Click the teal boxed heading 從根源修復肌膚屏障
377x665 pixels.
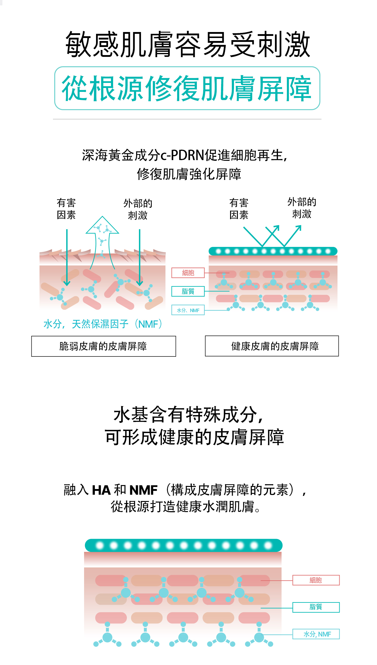(x=187, y=88)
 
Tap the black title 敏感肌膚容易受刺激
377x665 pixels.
(x=188, y=44)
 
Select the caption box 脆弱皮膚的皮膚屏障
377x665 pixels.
(x=104, y=346)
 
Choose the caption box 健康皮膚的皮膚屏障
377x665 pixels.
(x=272, y=346)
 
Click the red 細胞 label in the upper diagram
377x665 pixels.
(x=188, y=273)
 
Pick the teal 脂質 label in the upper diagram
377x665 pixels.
(x=188, y=291)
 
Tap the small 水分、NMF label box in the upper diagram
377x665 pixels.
(x=188, y=310)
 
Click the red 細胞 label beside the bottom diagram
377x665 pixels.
(x=316, y=580)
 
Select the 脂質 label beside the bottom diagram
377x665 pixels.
(x=316, y=607)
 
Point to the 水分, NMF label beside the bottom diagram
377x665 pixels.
(x=316, y=634)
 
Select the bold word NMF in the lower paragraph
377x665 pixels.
(x=143, y=490)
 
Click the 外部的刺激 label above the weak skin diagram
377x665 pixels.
(x=138, y=209)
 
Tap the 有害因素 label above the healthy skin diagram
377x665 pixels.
(x=239, y=209)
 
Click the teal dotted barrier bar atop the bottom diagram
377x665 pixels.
(x=183, y=545)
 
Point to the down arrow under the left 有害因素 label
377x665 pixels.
(x=67, y=257)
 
